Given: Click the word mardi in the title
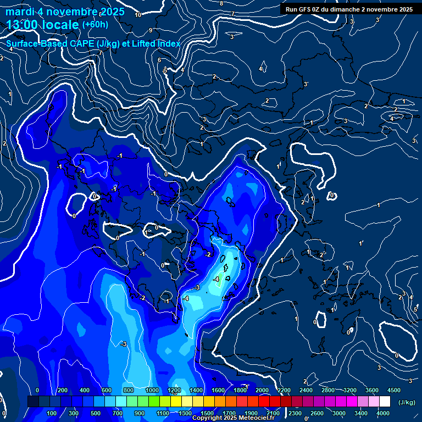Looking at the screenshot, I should (x=20, y=12).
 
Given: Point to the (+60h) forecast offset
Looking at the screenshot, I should (x=95, y=25).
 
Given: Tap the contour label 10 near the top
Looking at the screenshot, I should (x=137, y=15).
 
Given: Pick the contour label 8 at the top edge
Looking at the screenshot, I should (x=221, y=4).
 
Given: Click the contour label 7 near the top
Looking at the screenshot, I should (x=233, y=14).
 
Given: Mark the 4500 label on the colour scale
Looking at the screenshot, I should (x=393, y=390).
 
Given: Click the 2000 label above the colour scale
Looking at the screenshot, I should (x=262, y=390).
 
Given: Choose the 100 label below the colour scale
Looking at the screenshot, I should (x=52, y=413).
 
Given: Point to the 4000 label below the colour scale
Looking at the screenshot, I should (x=383, y=413).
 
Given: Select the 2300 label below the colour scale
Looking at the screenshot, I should (x=295, y=413).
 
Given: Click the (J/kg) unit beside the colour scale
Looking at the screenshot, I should (x=407, y=402).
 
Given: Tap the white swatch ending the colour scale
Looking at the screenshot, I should (x=385, y=402).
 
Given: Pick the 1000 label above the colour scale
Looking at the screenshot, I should (x=152, y=390).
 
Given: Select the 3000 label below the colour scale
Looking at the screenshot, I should (x=339, y=413).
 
